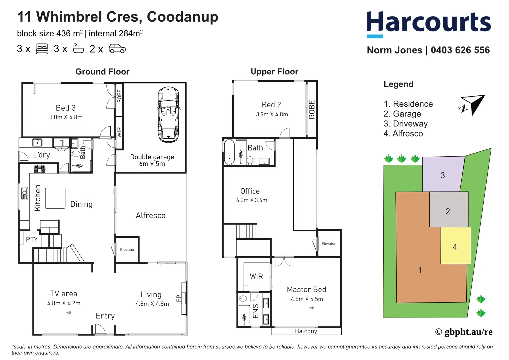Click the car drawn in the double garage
point(169,115)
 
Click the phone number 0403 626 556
point(460,50)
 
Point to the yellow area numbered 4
point(455,246)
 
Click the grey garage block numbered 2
point(448,210)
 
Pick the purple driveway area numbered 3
point(442,175)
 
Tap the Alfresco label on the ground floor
point(150,216)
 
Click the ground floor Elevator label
point(127,250)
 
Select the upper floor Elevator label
point(328,244)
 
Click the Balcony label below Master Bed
point(306,331)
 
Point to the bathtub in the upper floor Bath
point(229,152)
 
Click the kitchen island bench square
point(55,198)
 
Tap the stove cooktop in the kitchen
point(40,169)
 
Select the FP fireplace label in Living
point(178,298)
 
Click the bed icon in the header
point(42,49)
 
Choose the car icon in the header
point(117,49)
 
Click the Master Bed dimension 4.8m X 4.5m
point(307,299)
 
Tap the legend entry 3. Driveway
point(405,124)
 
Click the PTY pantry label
point(32,239)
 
